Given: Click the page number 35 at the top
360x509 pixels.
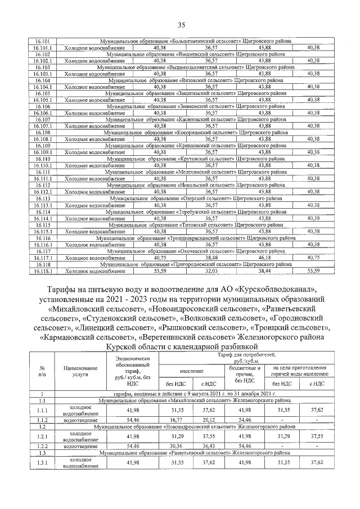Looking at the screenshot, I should click(x=181, y=24).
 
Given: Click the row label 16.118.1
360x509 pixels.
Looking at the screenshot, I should click(x=43, y=271).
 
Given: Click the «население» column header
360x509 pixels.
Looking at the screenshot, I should click(x=193, y=372).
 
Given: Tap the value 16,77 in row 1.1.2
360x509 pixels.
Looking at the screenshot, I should click(x=176, y=420).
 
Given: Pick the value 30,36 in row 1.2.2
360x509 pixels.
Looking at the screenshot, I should click(x=176, y=445).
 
